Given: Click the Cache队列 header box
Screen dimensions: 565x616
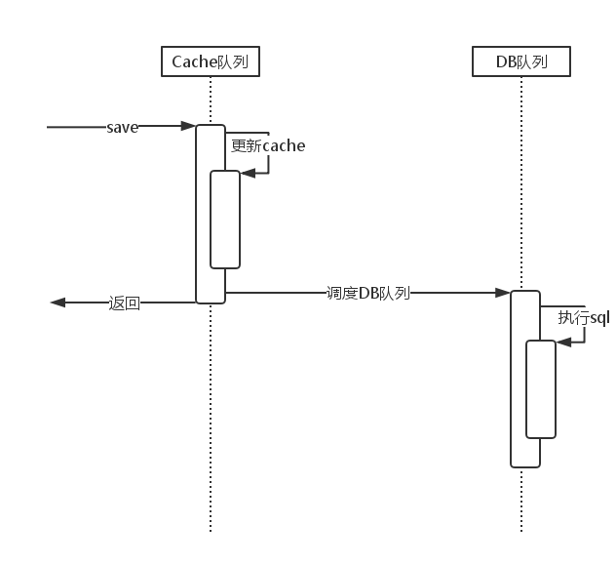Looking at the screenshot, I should pos(211,62).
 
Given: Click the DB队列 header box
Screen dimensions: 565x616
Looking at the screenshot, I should pos(520,62).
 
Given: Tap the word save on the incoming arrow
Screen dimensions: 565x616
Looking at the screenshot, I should pos(123,127).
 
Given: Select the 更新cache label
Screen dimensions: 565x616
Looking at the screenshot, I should pos(268,146).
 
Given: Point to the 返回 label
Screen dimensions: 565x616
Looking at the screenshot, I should pos(125,303).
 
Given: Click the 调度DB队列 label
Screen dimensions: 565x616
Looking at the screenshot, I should pos(367,293).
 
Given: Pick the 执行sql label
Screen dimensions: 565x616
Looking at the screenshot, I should pos(583,318).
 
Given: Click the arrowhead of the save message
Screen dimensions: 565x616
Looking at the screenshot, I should pos(189,126).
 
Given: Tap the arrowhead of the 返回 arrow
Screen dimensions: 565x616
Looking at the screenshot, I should pos(58,303).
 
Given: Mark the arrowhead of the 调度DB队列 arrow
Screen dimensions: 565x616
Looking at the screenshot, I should pos(504,292).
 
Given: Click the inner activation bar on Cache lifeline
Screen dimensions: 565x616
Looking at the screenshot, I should pos(225,220).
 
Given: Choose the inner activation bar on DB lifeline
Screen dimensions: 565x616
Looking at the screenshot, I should pos(541,388).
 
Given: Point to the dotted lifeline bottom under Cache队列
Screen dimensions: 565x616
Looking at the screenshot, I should pos(211,527).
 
